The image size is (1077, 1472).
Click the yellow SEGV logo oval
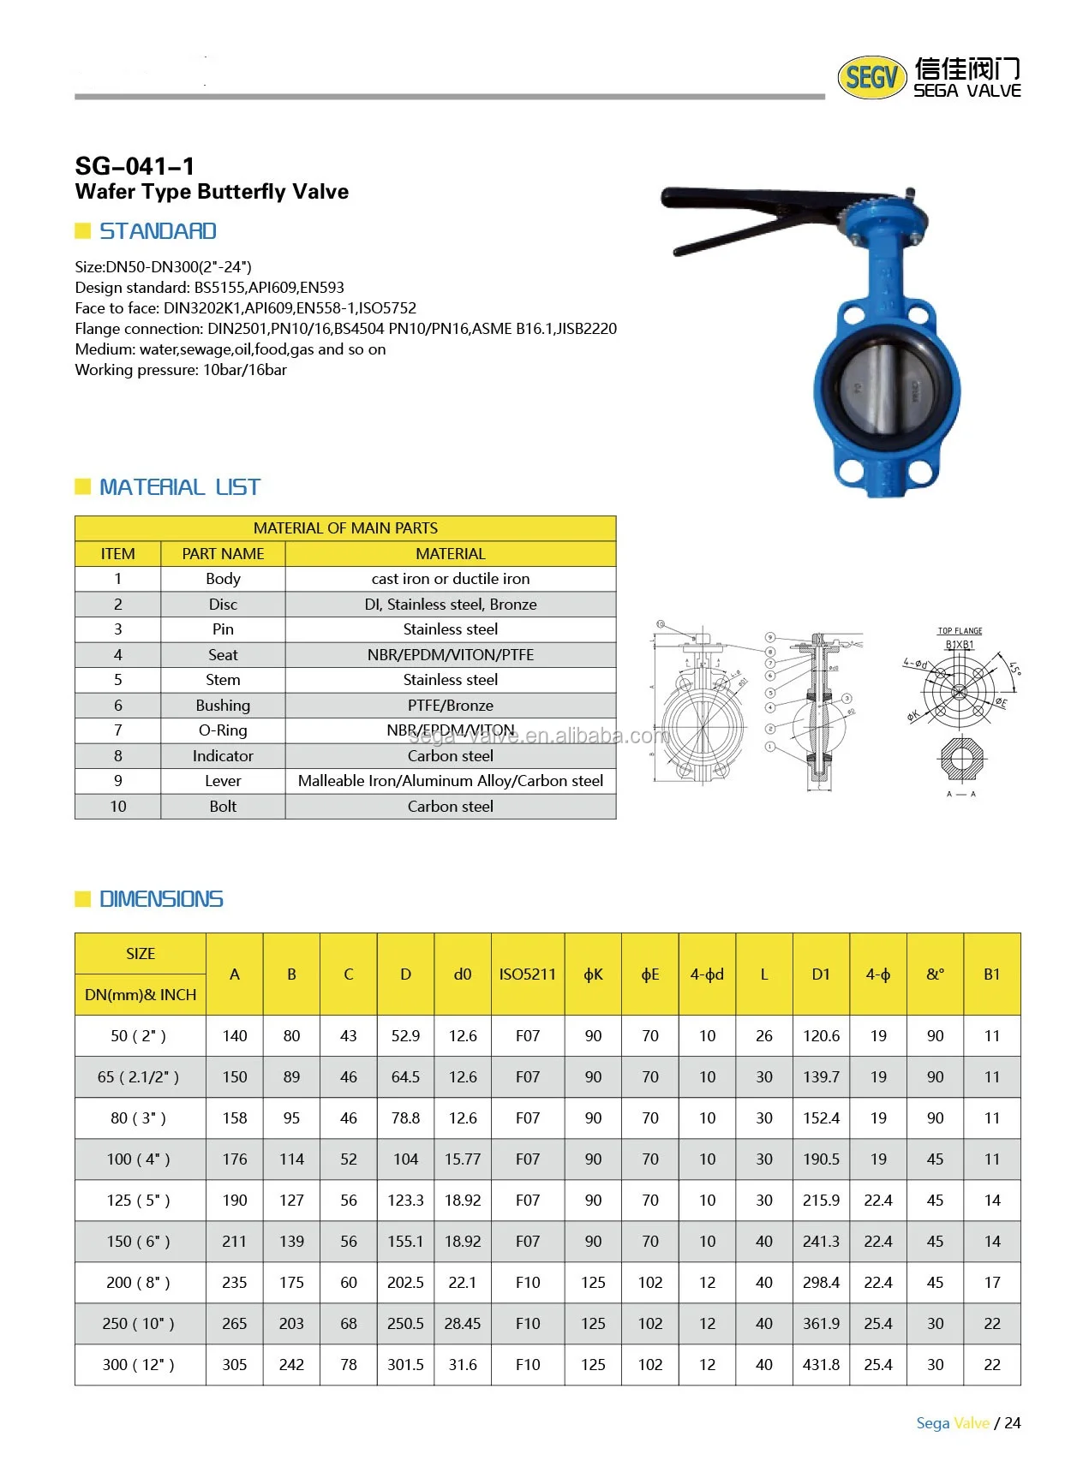[x=871, y=78]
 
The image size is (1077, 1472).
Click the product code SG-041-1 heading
[x=135, y=165]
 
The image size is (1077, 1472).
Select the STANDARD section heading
[x=158, y=231]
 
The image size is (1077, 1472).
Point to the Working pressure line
[x=181, y=370]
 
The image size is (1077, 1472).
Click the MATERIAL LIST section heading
[x=179, y=487]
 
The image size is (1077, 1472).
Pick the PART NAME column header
[x=223, y=554]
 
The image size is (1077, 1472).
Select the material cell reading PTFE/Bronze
[x=450, y=706]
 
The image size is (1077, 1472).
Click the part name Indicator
[x=223, y=756]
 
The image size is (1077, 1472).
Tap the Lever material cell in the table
[x=450, y=781]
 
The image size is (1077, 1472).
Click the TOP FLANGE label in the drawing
[x=960, y=631]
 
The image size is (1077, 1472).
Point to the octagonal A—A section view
[x=961, y=758]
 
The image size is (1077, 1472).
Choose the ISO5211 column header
[x=527, y=974]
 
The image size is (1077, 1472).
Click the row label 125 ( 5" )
[x=139, y=1201]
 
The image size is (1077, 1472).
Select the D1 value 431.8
[x=821, y=1365]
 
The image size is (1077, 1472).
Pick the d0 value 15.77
[x=463, y=1159]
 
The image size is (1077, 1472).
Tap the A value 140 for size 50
[x=235, y=1036]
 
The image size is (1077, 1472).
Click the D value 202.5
[x=405, y=1283]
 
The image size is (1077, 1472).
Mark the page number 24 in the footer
[x=1013, y=1423]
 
